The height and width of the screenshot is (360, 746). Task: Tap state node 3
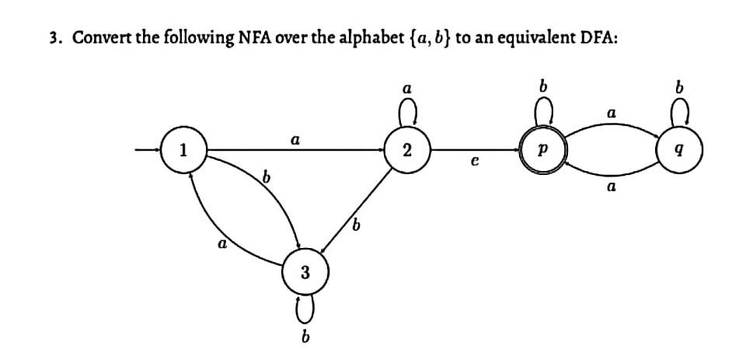point(305,272)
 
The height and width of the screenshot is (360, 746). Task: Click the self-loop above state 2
point(407,115)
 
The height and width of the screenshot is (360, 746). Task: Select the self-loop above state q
point(682,115)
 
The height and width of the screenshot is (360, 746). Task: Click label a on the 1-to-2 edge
point(295,140)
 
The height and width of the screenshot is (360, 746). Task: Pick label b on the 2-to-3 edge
point(357,226)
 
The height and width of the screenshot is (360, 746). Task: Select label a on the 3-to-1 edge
point(222,243)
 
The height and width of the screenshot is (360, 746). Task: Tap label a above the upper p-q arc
point(612,114)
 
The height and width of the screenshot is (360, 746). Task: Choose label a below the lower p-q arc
point(612,187)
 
